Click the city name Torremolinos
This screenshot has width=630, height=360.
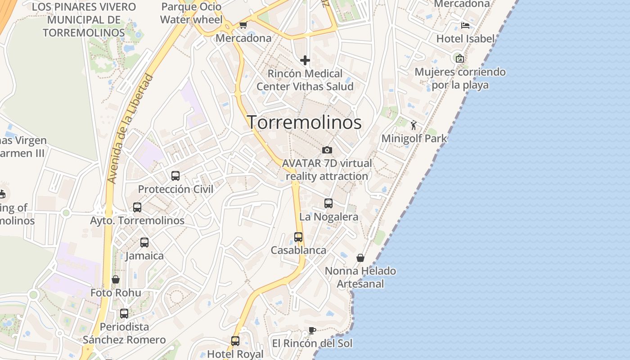pyautogui.click(x=304, y=122)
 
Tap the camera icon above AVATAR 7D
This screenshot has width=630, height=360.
pyautogui.click(x=327, y=150)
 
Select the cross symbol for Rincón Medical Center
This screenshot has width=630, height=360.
pyautogui.click(x=305, y=60)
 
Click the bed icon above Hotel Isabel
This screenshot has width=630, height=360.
pyautogui.click(x=465, y=25)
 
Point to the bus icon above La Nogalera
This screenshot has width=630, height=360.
pyautogui.click(x=328, y=203)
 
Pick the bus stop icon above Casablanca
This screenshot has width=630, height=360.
pyautogui.click(x=298, y=237)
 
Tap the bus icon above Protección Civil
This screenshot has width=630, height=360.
pyautogui.click(x=175, y=176)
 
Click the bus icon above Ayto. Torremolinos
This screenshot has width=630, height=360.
pyautogui.click(x=137, y=207)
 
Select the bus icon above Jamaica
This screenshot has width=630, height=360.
pyautogui.click(x=144, y=243)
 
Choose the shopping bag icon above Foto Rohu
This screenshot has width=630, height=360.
pyautogui.click(x=116, y=279)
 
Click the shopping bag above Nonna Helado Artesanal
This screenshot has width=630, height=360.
pyautogui.click(x=360, y=258)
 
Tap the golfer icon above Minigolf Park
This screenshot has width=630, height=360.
pyautogui.click(x=414, y=125)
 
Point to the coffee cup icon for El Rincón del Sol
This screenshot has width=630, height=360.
pyautogui.click(x=312, y=330)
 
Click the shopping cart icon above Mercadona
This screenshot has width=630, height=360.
pyautogui.click(x=243, y=25)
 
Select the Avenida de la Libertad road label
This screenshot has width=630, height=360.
pyautogui.click(x=131, y=129)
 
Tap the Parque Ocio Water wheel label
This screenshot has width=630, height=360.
pyautogui.click(x=191, y=13)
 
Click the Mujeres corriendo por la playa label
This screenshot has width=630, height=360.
pyautogui.click(x=460, y=78)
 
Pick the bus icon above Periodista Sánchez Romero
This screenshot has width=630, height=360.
pyautogui.click(x=124, y=313)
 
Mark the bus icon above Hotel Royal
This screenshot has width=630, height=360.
pyautogui.click(x=235, y=341)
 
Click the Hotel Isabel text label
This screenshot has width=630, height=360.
pyautogui.click(x=465, y=39)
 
